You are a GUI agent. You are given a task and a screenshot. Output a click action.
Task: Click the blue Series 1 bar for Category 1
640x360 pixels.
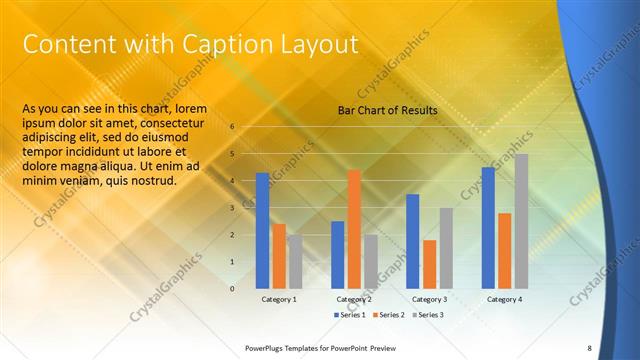(262, 230)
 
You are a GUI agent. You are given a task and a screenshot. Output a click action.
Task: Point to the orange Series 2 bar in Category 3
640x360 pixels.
(430, 263)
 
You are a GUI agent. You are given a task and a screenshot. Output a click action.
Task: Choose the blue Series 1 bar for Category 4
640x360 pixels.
(488, 227)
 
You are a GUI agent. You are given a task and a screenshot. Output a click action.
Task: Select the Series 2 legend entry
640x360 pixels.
(388, 315)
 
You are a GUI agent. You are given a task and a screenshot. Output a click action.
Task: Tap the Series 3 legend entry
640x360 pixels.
(427, 315)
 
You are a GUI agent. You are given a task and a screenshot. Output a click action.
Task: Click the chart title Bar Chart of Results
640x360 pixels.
(386, 110)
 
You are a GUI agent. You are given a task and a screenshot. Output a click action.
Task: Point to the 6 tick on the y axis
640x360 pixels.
(231, 127)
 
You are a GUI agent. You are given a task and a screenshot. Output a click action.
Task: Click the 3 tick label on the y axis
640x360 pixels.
(231, 208)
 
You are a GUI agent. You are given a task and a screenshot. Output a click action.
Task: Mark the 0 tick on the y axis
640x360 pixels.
(231, 289)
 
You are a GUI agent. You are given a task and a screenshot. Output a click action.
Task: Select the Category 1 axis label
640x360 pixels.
(279, 299)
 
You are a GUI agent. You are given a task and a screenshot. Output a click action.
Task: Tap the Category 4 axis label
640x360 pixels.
(505, 299)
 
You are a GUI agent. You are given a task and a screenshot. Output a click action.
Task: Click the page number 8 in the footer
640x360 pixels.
(590, 348)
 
